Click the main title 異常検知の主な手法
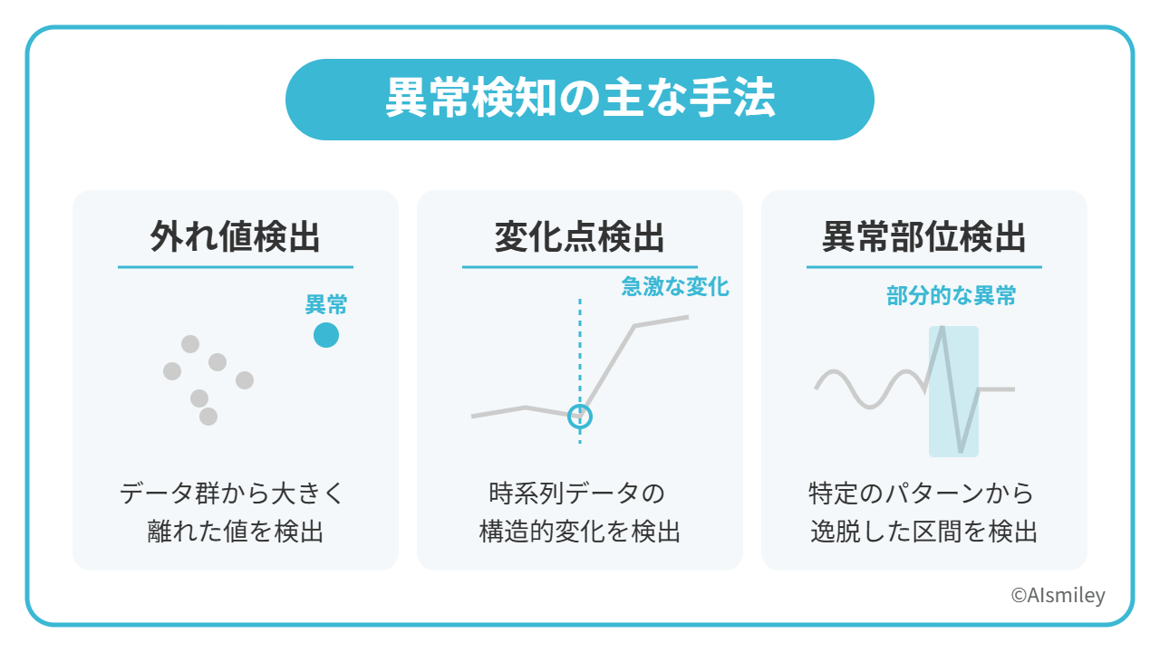click(580, 99)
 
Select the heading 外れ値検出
click(235, 237)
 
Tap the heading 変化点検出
click(579, 237)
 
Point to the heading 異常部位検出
click(923, 237)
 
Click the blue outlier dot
click(326, 335)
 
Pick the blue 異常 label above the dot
click(326, 304)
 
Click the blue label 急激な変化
click(675, 287)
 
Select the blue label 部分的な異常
click(952, 296)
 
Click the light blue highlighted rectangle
click(954, 391)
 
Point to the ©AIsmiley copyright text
click(1058, 595)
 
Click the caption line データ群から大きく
click(232, 494)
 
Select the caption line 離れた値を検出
click(235, 532)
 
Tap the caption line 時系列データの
click(577, 494)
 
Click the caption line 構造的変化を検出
click(579, 532)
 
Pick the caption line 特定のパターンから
click(922, 494)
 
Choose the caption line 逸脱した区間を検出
click(923, 532)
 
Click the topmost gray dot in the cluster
click(190, 344)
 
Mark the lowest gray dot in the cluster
click(208, 416)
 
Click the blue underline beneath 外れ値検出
click(235, 267)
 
